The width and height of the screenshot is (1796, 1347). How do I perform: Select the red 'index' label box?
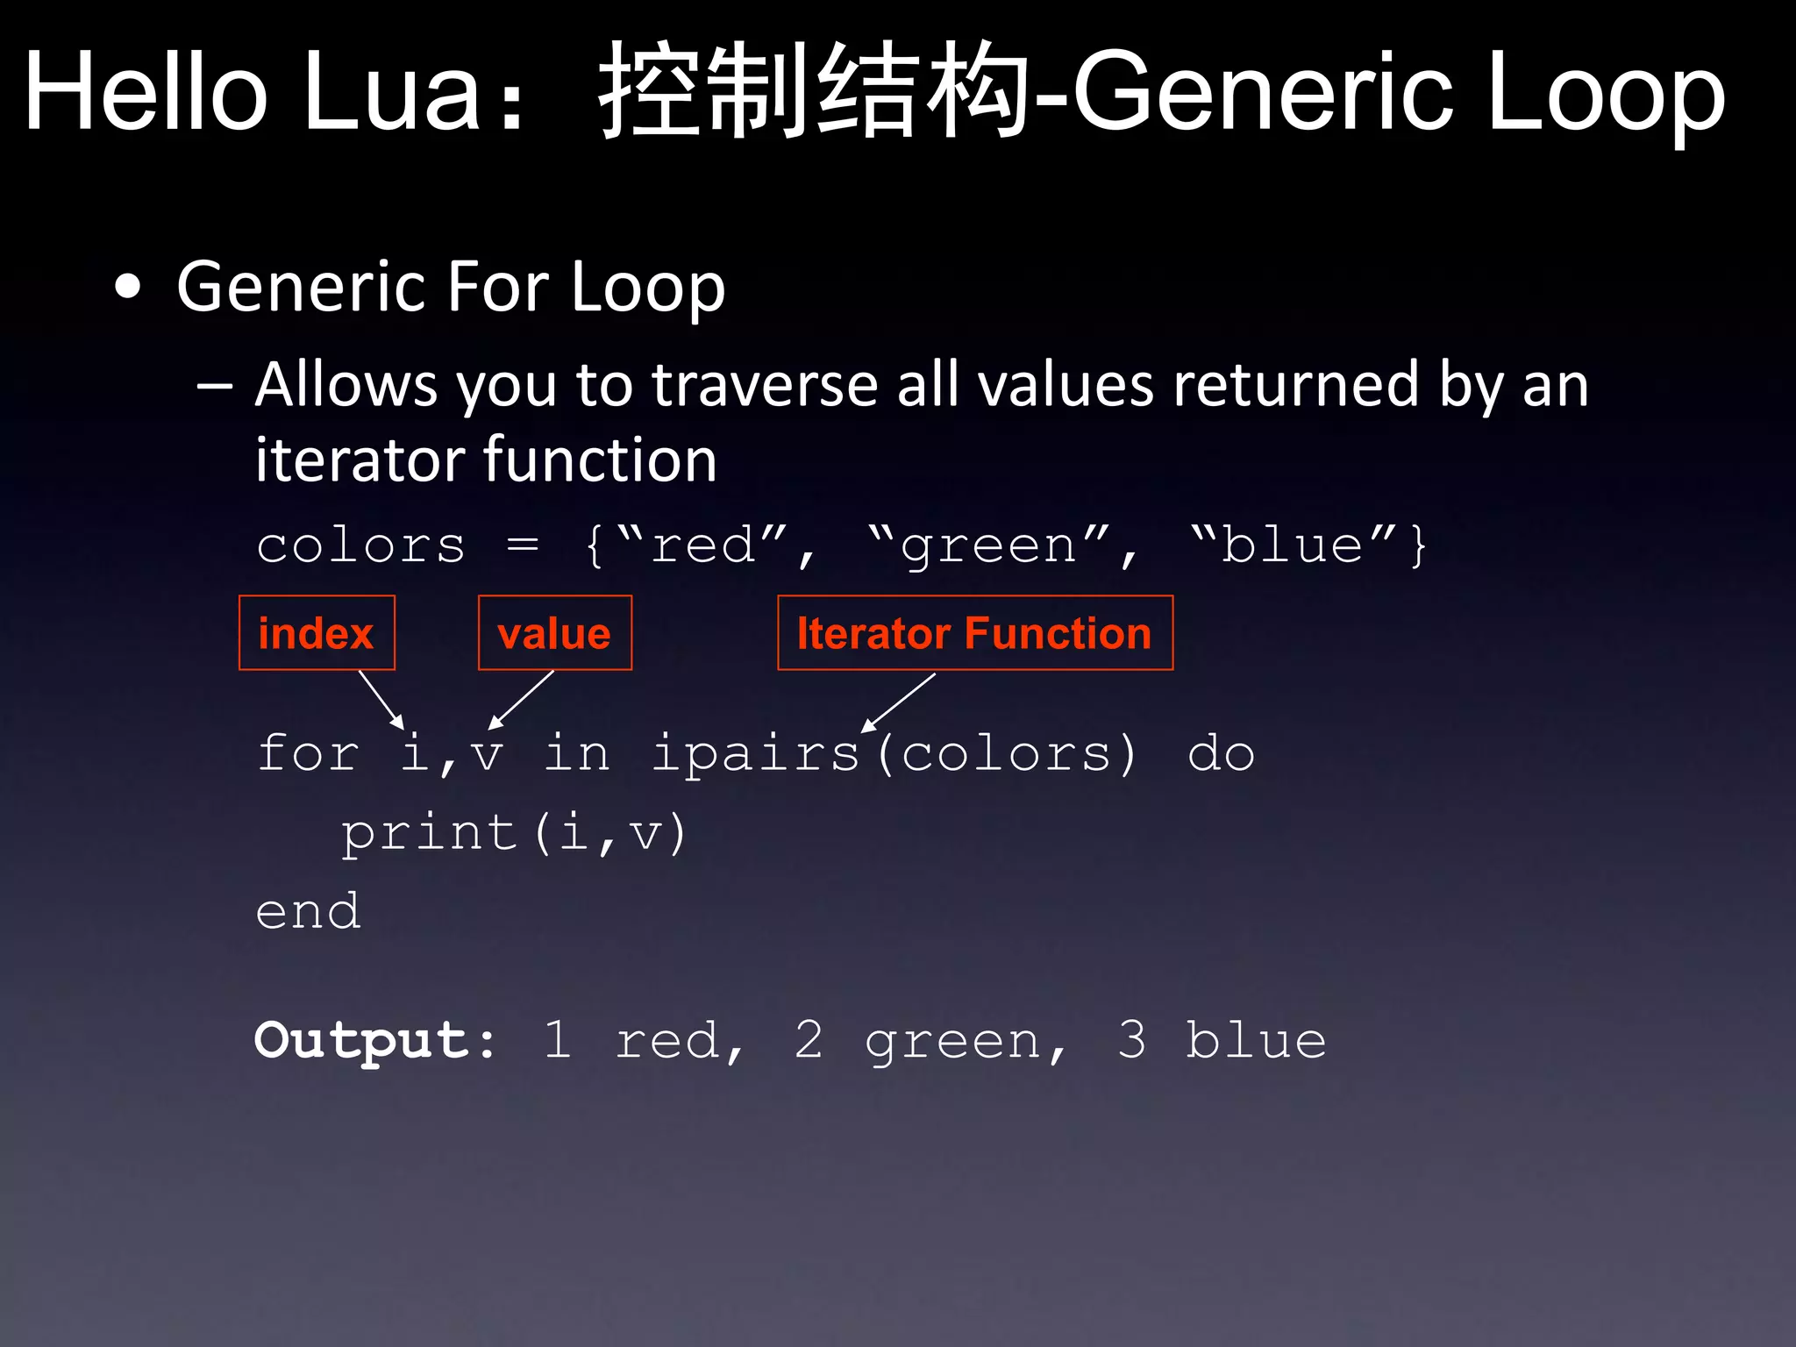point(317,633)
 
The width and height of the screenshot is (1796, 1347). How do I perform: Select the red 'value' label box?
point(554,633)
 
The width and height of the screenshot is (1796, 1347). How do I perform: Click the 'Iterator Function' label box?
point(974,633)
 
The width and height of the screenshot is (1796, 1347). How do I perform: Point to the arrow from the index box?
point(381,700)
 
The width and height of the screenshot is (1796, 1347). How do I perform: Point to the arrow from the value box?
point(522,700)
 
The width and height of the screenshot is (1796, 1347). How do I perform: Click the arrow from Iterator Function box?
point(899,702)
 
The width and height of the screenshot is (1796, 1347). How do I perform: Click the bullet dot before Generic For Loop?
point(128,287)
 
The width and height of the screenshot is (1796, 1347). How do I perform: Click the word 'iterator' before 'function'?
point(360,460)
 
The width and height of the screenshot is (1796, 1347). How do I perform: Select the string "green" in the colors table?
point(989,545)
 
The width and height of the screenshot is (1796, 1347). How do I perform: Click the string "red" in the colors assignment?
point(703,545)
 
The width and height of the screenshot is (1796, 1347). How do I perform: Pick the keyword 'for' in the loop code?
point(308,753)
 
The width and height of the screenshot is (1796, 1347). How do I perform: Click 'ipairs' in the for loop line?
point(755,753)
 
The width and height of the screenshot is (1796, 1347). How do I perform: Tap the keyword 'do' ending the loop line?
point(1221,753)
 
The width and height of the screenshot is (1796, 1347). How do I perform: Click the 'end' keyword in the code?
point(308,911)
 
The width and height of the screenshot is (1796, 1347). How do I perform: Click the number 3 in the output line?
point(1131,1040)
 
